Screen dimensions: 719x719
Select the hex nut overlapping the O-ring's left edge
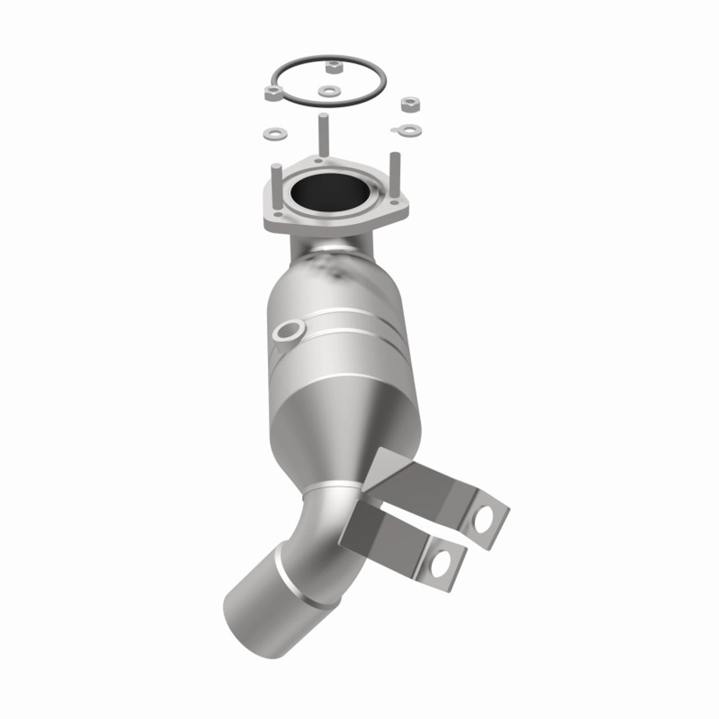pyautogui.click(x=272, y=93)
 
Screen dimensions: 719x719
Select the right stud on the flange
pyautogui.click(x=395, y=172)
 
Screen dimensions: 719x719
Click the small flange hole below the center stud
pyautogui.click(x=318, y=161)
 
